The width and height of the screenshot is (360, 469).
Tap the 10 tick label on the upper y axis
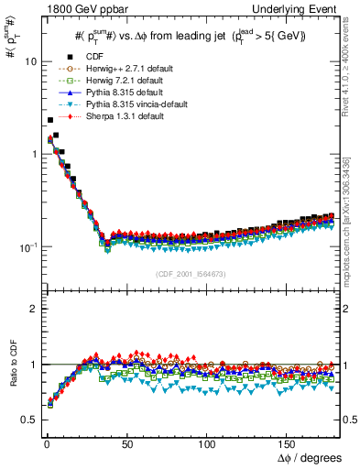[x=30, y=61]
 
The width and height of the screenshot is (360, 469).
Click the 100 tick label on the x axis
[x=208, y=442]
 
